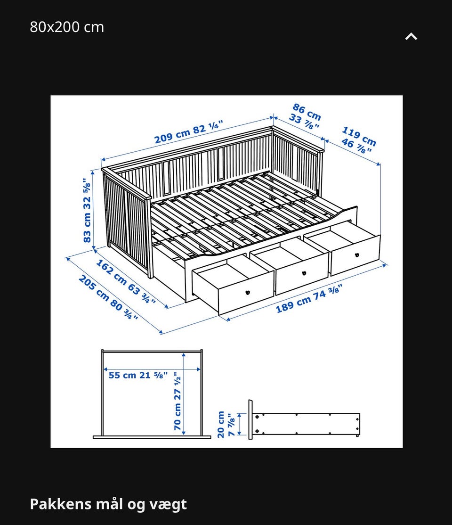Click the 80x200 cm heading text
(x=67, y=27)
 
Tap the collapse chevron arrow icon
(x=411, y=36)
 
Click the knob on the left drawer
(x=248, y=292)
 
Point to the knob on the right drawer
(x=356, y=255)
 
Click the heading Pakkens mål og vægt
(x=108, y=504)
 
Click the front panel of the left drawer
(x=246, y=292)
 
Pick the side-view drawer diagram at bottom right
(x=304, y=419)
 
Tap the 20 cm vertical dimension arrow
(x=240, y=424)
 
